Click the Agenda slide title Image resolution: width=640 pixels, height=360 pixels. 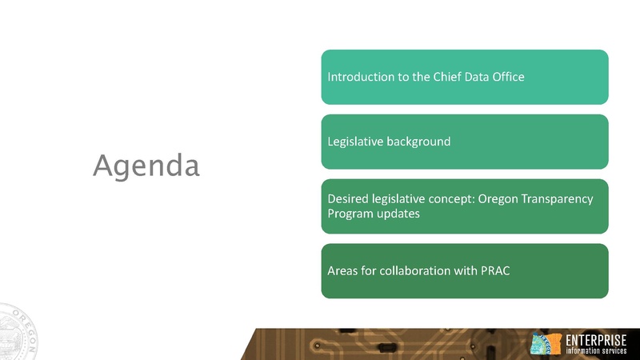146,166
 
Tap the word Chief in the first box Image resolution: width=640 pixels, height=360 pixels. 444,78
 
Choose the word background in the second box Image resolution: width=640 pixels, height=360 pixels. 421,142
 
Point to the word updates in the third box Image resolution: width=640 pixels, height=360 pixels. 401,214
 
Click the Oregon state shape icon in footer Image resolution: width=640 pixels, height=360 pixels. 546,344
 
